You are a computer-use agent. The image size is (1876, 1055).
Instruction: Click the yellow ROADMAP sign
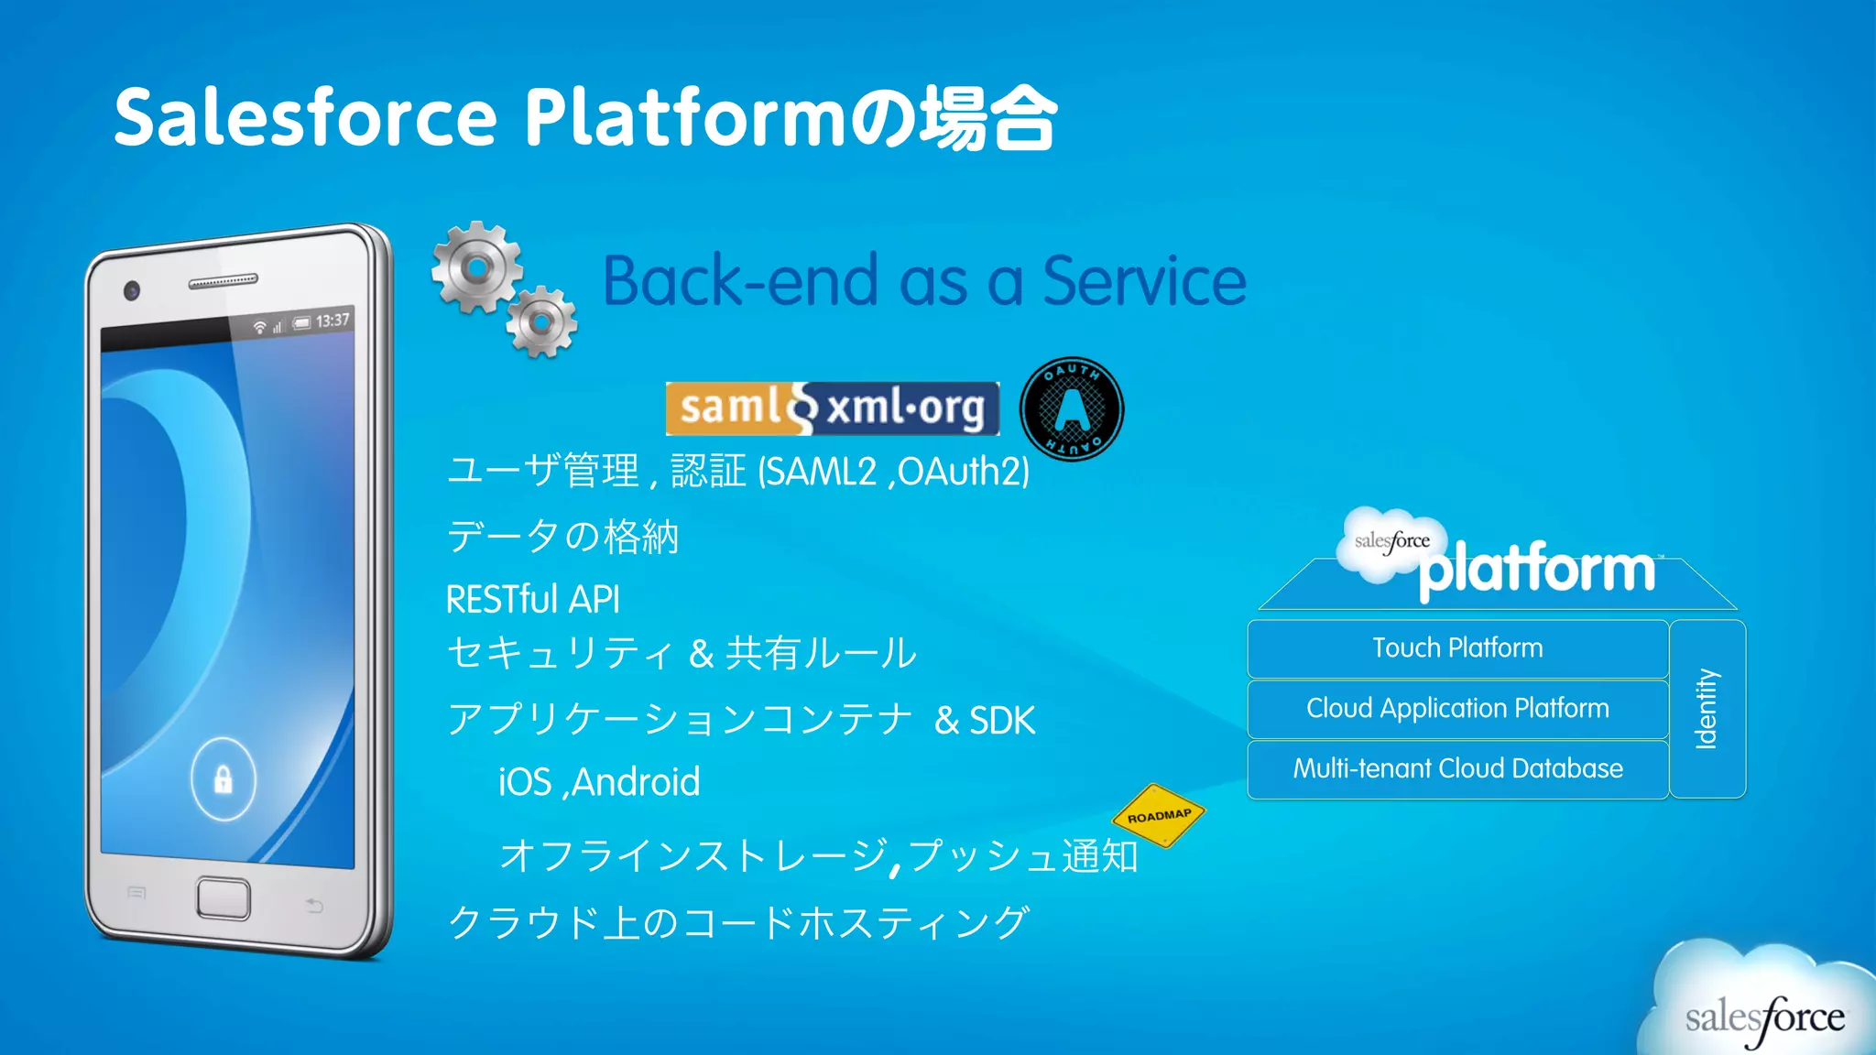tap(1159, 815)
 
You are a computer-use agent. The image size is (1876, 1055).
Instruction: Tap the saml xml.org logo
tap(832, 408)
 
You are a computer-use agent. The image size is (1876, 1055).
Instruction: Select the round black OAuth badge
tap(1072, 408)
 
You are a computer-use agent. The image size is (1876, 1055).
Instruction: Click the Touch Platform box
tap(1457, 648)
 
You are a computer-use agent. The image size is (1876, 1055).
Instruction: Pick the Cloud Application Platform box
tap(1457, 709)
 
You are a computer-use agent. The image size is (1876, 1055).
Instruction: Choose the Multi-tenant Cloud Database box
tap(1457, 768)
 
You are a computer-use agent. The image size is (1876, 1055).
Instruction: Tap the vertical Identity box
tap(1707, 709)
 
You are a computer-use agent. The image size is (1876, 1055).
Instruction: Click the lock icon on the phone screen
tap(223, 779)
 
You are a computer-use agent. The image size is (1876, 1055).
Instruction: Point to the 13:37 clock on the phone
tap(333, 321)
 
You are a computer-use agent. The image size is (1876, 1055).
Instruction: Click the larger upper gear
tap(476, 267)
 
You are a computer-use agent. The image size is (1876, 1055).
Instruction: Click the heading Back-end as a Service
tap(924, 280)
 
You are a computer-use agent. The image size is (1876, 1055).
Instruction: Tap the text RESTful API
tap(532, 600)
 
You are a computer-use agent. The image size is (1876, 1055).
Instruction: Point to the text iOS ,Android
tap(599, 782)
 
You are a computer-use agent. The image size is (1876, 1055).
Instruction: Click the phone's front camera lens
tap(132, 291)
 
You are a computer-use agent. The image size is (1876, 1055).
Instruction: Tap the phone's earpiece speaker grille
tap(224, 280)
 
